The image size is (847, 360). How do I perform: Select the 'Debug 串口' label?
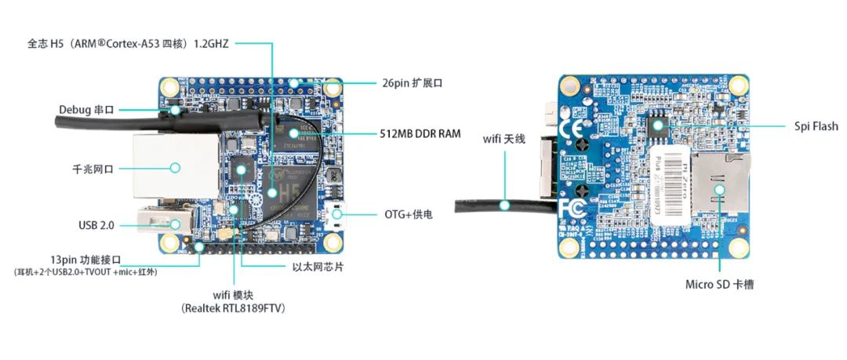[86, 110]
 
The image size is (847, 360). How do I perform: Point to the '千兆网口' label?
[93, 167]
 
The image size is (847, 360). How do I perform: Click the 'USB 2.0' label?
[96, 225]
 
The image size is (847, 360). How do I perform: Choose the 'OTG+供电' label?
[408, 213]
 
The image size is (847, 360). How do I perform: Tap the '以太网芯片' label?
[316, 267]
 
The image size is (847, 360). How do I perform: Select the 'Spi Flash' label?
[816, 126]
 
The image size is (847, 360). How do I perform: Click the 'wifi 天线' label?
[503, 139]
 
